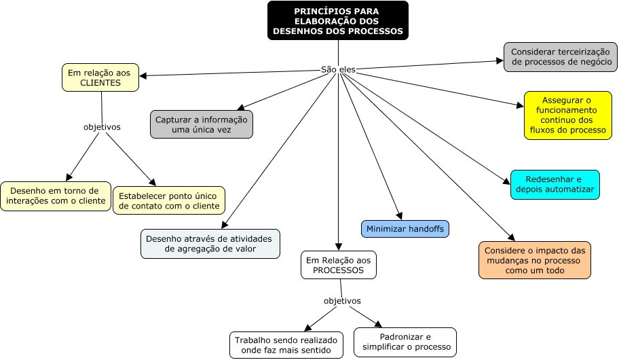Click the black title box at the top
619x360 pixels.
click(337, 20)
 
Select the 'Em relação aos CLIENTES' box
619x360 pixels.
click(100, 77)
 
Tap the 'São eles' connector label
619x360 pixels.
click(338, 69)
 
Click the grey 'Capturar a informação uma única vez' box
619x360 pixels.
click(202, 124)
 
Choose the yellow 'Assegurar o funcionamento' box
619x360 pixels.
click(567, 115)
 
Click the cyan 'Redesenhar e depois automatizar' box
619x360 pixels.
click(555, 184)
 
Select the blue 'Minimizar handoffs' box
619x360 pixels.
click(405, 229)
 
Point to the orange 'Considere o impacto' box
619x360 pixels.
click(534, 259)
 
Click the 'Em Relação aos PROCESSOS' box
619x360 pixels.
click(338, 265)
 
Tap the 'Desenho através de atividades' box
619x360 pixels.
click(210, 244)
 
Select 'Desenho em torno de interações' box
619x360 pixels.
click(55, 196)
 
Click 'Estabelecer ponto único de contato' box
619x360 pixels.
click(169, 200)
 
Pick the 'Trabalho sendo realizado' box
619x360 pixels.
click(286, 345)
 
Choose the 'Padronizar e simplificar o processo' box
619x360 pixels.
click(405, 342)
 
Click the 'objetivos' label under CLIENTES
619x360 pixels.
click(102, 126)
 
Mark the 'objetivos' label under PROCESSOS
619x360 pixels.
click(342, 300)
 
